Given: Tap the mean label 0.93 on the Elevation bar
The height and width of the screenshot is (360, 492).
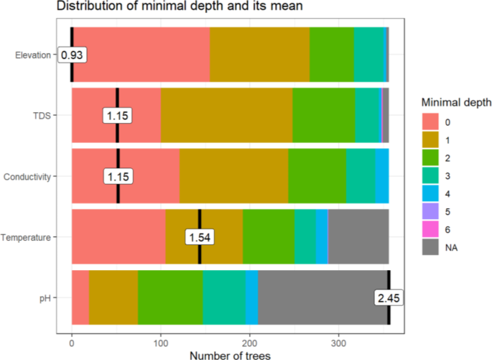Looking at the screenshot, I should pos(72,55).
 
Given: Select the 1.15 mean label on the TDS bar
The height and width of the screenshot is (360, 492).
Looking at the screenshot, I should pos(118,115).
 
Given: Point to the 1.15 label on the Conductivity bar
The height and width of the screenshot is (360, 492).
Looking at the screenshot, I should pos(118,176).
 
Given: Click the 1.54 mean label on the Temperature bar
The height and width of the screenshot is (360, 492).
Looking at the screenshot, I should pos(200,237).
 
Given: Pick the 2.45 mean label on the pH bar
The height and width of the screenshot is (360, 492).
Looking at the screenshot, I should pos(388,297).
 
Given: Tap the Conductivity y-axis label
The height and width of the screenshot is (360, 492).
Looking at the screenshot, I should pos(27,176).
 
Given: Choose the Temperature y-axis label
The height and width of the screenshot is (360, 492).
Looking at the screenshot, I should pos(26,237).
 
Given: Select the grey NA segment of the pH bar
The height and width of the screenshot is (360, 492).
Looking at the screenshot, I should pos(323,297).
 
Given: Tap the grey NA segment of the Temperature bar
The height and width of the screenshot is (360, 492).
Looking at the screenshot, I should pos(358,237).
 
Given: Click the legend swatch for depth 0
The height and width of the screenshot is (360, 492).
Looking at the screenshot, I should pos(430,120).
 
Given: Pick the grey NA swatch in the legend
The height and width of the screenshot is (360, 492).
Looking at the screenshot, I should pos(430,247).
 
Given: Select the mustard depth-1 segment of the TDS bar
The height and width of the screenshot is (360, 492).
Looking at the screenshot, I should pos(226,115).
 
